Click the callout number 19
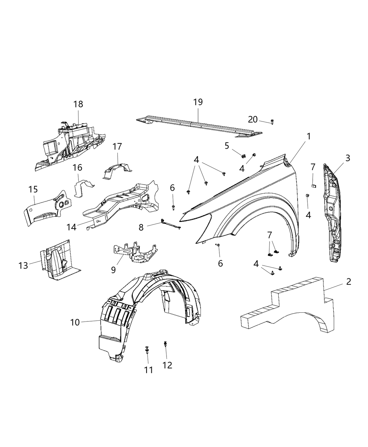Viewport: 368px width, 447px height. point(198,102)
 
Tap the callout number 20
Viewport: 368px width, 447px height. point(253,120)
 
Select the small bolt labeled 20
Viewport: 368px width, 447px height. point(272,122)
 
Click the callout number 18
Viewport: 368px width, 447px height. point(78,104)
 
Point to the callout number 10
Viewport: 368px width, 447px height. point(75,321)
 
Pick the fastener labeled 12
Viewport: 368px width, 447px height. point(165,344)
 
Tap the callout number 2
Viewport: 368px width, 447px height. point(348,282)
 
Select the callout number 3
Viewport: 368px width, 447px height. point(347,158)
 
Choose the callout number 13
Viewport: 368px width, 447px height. point(23,265)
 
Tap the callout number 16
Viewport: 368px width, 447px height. point(78,168)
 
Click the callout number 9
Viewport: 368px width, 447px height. point(113,270)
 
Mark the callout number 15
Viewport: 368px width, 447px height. point(33,190)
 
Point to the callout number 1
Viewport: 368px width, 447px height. point(309,136)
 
